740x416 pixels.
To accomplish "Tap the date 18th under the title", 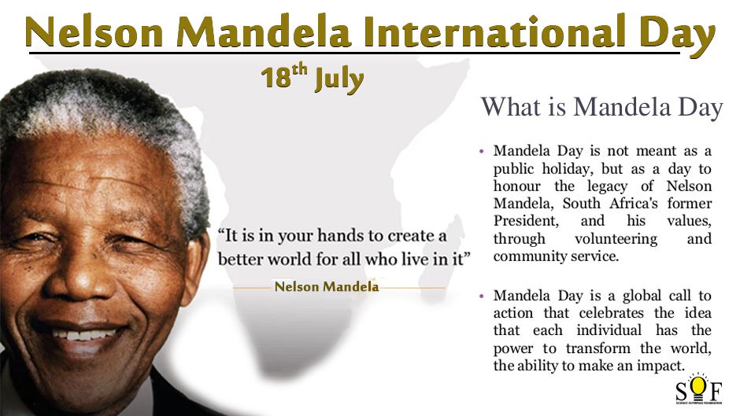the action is click(284, 76).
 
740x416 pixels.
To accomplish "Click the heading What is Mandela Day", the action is click(601, 108).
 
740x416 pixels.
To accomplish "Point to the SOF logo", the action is click(699, 389).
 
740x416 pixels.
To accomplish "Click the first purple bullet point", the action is click(481, 152).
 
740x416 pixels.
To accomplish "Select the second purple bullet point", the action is click(481, 296).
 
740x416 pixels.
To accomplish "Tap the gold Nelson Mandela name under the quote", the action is click(327, 286).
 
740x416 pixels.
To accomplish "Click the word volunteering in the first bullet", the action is click(616, 239).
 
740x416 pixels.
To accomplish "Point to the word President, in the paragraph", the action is click(526, 221).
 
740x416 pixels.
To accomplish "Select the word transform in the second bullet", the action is click(598, 348).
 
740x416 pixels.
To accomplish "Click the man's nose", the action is click(78, 278).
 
